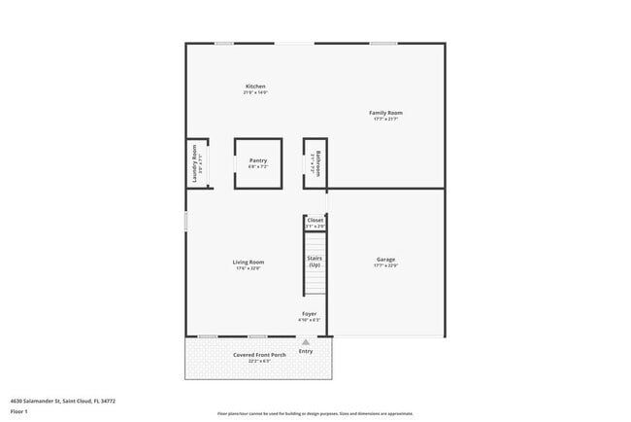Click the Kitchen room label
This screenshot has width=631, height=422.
[255, 87]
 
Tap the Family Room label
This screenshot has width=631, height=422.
[385, 113]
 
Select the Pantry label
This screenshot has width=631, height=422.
[258, 160]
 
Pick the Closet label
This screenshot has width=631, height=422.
[315, 221]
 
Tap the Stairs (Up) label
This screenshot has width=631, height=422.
[315, 262]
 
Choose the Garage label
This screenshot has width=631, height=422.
[385, 259]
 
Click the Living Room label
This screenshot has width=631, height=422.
[249, 262]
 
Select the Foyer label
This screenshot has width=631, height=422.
[309, 314]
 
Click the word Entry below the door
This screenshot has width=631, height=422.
[307, 351]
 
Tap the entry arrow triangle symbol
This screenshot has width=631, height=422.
[306, 342]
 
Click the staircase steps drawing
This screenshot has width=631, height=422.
[315, 282]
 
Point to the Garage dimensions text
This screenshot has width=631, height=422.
[385, 265]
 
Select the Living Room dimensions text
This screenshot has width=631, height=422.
[249, 268]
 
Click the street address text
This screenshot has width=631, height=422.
[55, 400]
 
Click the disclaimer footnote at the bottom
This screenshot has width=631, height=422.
[315, 413]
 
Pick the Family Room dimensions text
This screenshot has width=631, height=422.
[385, 120]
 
